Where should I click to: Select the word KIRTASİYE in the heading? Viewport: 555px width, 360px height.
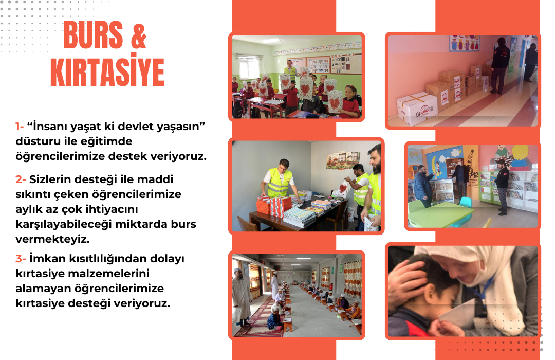pyautogui.click(x=107, y=71)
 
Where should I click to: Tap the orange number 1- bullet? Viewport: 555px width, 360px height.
pyautogui.click(x=20, y=127)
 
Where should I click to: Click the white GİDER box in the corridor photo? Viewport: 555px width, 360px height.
pyautogui.click(x=417, y=108)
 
